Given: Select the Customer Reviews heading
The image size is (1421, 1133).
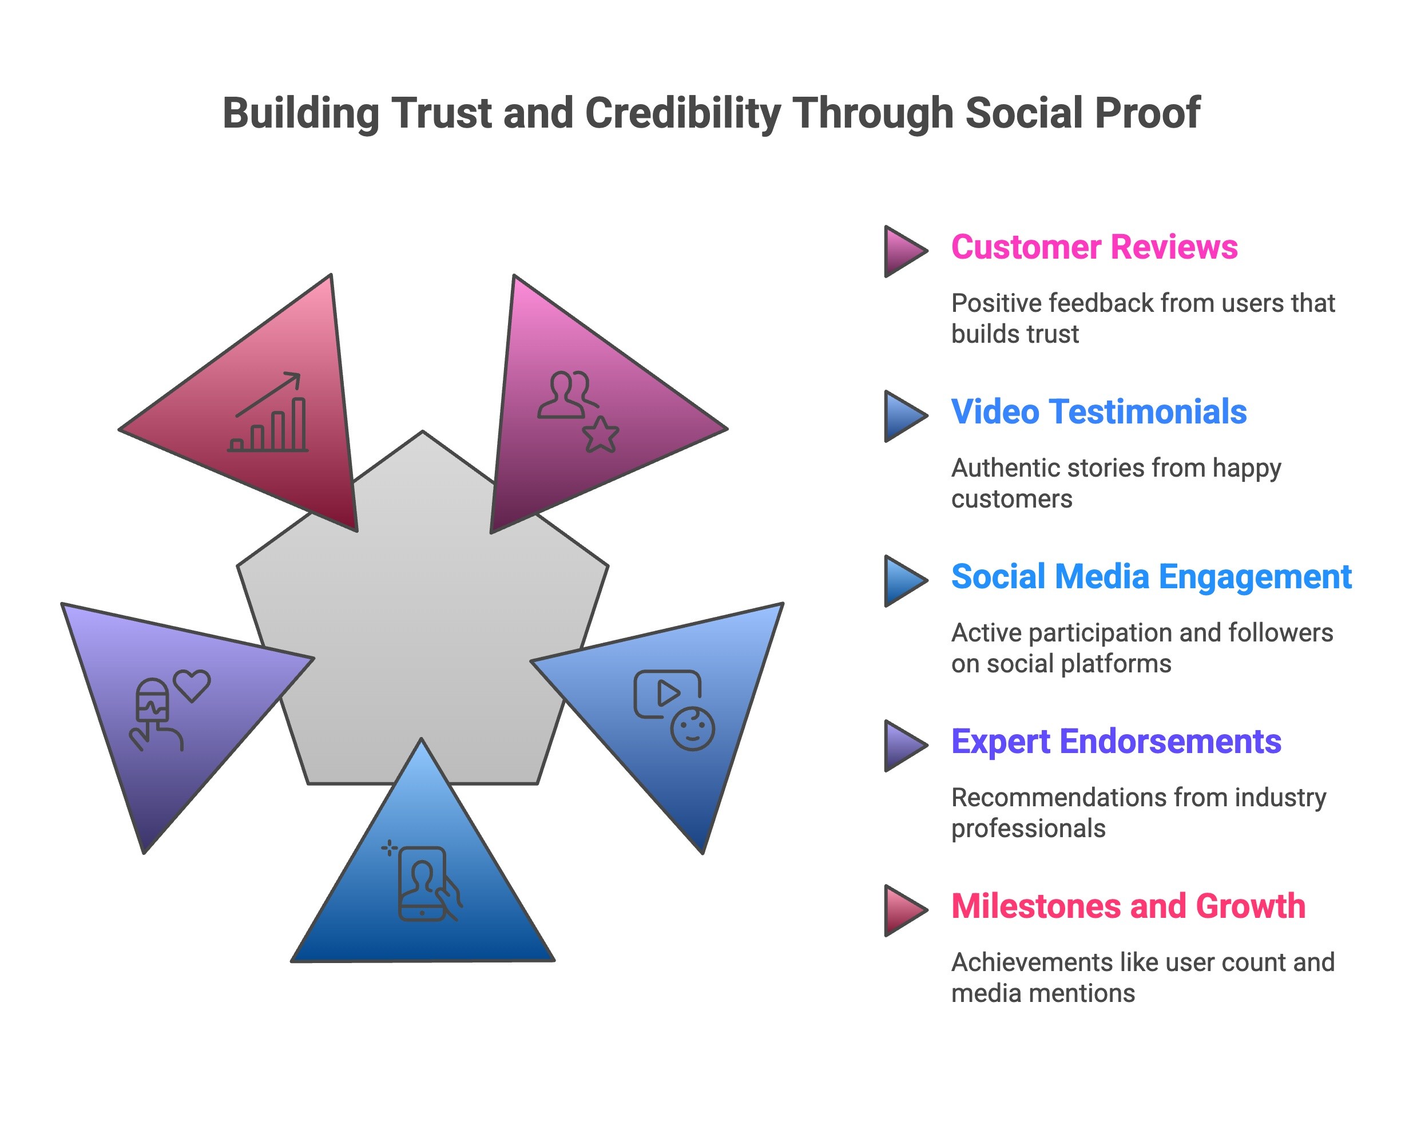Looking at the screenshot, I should pos(1094,247).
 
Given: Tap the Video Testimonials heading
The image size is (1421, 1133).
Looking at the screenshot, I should pos(1099,412).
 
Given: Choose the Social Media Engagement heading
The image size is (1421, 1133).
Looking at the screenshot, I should pos(1151,577).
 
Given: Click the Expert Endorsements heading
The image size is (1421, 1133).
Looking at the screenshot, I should pos(1116,742).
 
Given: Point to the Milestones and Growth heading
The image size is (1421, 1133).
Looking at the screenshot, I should pos(1128,906).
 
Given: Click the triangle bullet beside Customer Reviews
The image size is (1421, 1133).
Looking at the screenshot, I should pos(904,251).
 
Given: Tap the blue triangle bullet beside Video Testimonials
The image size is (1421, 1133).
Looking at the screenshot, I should pos(904,416).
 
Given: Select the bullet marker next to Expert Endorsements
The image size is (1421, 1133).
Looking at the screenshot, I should pos(904,746).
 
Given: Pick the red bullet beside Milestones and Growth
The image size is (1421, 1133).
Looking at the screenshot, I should pos(904,910).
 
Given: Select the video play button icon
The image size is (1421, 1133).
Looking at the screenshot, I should pos(667,694).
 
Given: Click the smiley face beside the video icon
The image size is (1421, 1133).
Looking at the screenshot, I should pos(692,729).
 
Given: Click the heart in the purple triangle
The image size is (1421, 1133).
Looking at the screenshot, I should pos(192,686).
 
